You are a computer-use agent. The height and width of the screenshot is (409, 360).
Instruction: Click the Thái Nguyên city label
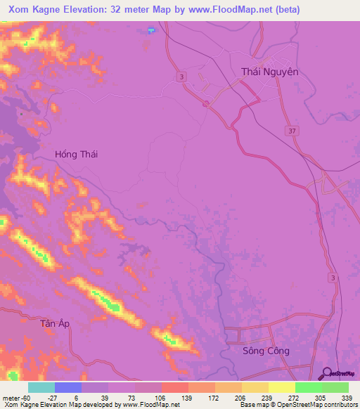pos(270,72)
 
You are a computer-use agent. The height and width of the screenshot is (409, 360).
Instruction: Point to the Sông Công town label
pos(265,351)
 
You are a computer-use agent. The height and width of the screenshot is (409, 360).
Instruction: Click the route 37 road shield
pos(291,131)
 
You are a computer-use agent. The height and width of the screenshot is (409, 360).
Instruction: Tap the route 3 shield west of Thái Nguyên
pos(182,77)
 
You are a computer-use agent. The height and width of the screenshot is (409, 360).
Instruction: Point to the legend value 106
pos(159,397)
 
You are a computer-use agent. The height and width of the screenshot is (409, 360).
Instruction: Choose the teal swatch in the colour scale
pos(41,387)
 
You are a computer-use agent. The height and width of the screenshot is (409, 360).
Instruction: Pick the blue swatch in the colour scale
pos(67,387)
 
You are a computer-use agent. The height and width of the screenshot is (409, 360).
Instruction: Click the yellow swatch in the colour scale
pos(281,387)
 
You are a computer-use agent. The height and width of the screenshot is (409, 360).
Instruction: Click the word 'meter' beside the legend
pos(10,397)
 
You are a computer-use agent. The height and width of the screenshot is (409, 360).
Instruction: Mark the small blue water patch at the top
pos(151,30)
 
